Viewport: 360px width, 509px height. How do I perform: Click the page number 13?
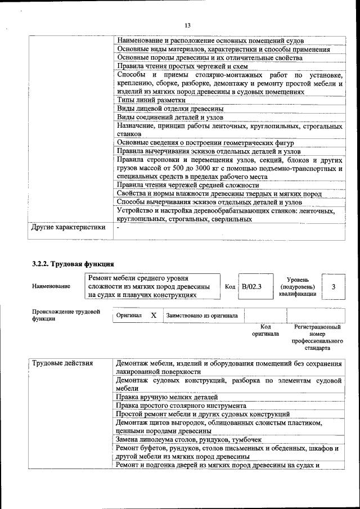click(187, 25)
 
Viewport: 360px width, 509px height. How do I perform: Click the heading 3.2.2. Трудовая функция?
click(73, 263)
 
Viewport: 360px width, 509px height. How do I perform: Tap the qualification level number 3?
click(334, 287)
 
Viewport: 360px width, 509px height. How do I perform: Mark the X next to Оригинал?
click(154, 316)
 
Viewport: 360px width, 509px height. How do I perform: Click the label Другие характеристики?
click(68, 228)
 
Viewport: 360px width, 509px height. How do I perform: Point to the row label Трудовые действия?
click(62, 363)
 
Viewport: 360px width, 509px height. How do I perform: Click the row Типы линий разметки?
click(151, 100)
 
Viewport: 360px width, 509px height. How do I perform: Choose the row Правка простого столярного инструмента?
click(181, 406)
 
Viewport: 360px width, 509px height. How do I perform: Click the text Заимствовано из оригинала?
click(202, 316)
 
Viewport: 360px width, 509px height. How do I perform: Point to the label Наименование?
click(51, 286)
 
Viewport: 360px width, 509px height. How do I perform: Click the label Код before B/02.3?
click(229, 287)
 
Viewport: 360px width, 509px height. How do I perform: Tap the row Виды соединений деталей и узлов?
click(170, 117)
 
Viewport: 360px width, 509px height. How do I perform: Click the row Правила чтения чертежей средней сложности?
click(187, 185)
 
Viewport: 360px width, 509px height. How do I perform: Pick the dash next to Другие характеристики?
click(118, 228)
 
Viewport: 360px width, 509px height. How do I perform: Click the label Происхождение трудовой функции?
click(66, 314)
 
